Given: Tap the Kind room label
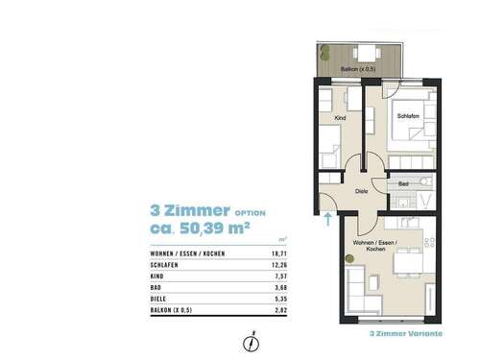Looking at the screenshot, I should click(339, 118).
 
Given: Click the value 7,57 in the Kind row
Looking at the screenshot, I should click(280, 274).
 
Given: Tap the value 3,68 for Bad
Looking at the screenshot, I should click(280, 286).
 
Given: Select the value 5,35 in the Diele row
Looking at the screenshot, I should click(280, 299).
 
